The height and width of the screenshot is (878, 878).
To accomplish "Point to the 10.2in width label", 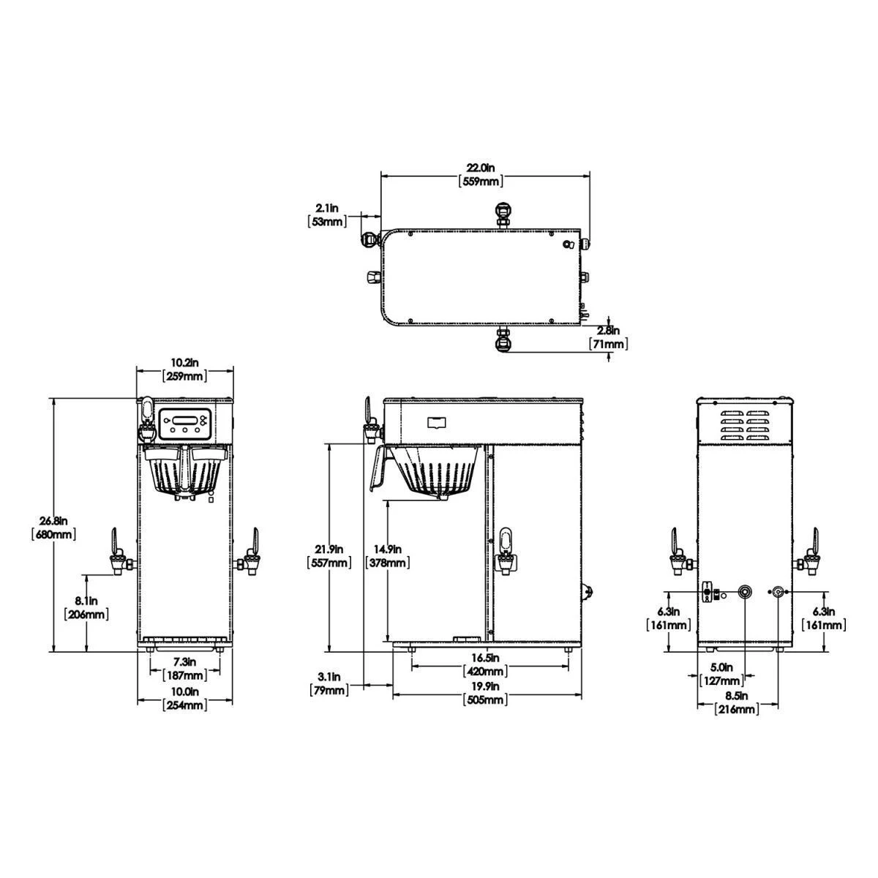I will point(184,363).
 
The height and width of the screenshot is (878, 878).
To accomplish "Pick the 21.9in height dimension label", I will point(328,549).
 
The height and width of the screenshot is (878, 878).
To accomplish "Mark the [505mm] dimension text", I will point(486,699).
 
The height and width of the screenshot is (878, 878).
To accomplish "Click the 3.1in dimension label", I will point(329,677).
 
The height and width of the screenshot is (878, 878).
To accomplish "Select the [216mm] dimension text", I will point(736,708).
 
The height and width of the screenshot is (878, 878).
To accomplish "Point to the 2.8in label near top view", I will point(608,330).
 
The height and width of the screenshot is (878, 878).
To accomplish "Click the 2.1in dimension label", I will point(327,209).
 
